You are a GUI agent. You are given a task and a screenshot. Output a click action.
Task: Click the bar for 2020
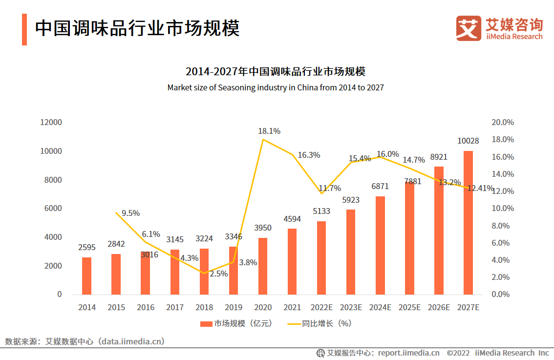point(263,266)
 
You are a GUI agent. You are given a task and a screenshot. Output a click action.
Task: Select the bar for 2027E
point(468,223)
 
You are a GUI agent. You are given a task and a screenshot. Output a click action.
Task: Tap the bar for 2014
point(86,276)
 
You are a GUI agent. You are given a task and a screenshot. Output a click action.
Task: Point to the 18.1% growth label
point(269,131)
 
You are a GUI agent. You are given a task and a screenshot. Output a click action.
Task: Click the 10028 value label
point(468,141)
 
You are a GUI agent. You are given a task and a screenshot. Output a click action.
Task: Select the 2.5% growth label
point(218,274)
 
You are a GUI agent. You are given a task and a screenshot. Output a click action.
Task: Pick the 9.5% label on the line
point(130,213)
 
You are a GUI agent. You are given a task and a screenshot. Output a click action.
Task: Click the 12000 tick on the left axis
point(51,122)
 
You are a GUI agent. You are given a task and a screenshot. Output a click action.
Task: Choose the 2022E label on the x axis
point(321,307)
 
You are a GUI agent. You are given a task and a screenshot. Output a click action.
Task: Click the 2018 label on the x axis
point(204,307)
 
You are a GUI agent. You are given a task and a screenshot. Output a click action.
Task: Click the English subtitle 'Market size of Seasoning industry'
point(276,88)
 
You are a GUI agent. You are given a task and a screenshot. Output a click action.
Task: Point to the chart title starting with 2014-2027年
point(276,72)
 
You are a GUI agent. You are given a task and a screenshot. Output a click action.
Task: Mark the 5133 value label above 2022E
point(321,212)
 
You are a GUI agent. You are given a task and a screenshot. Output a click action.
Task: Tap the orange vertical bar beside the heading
point(24,29)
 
